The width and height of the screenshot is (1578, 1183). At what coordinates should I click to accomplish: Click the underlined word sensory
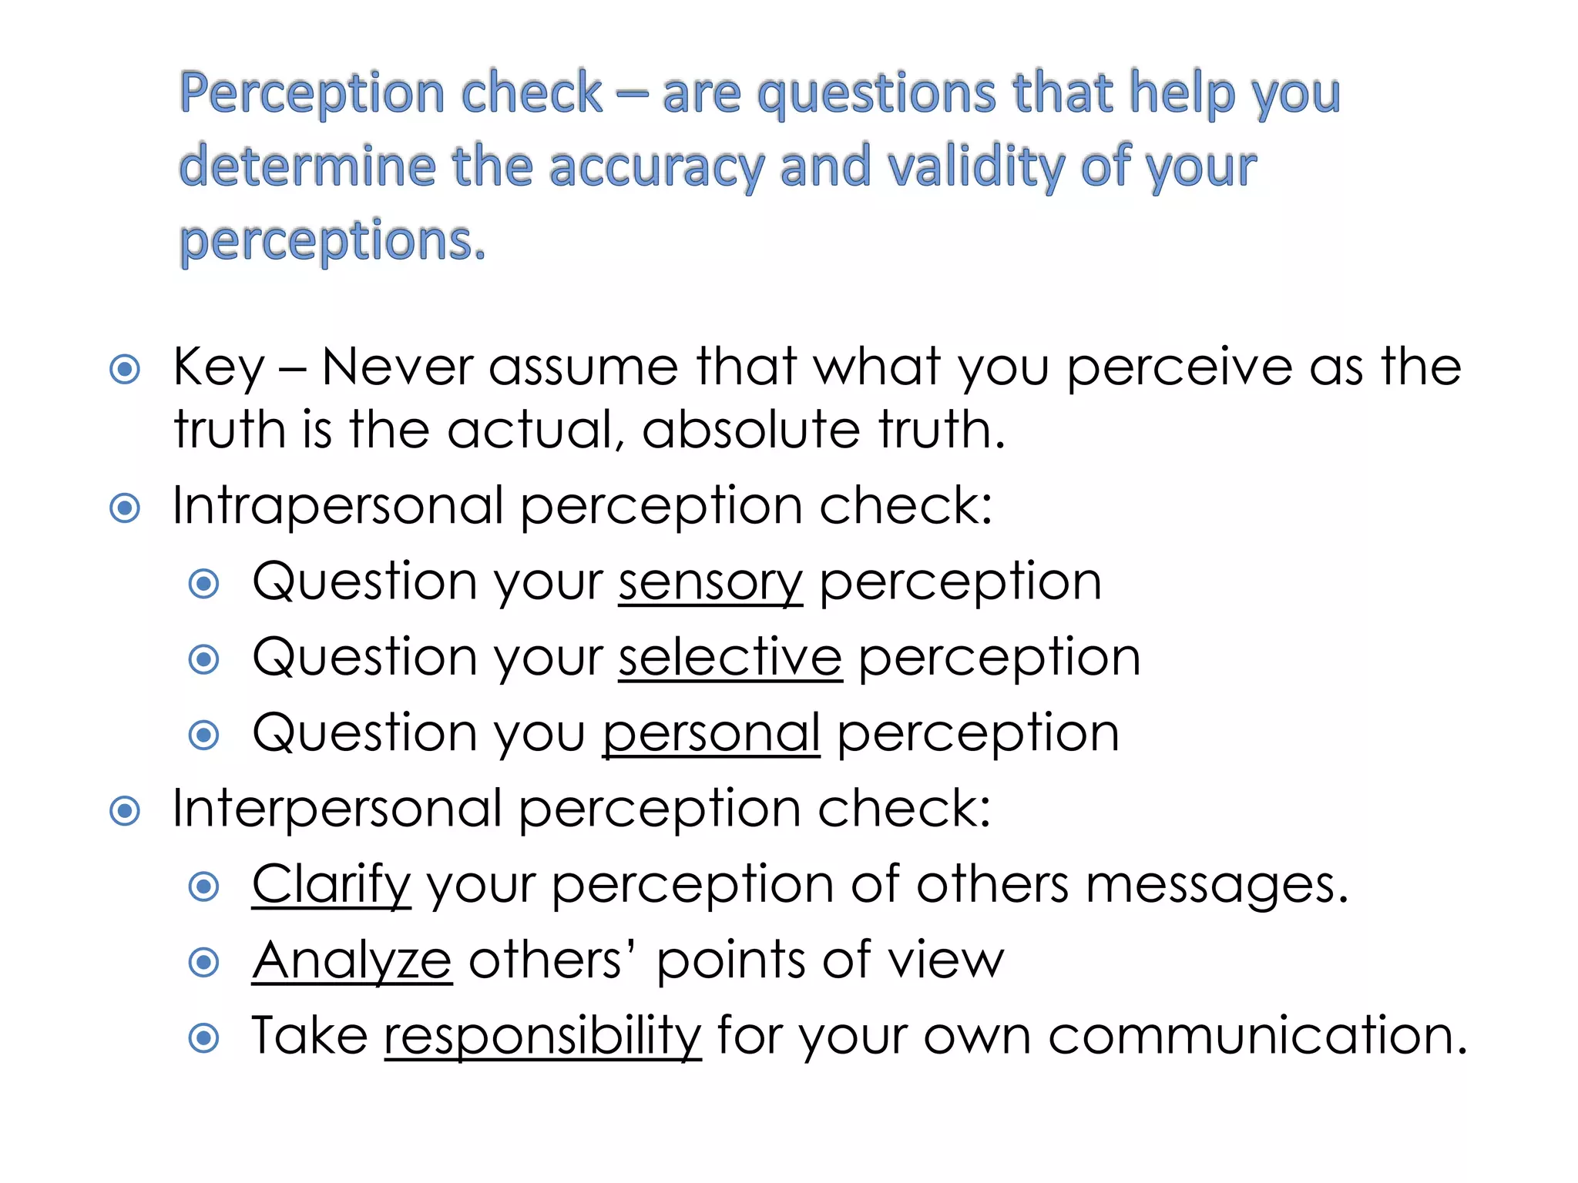point(710,582)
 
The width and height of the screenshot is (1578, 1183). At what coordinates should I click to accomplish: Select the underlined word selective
point(730,658)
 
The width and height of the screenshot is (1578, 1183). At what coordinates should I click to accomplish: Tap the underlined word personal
point(710,733)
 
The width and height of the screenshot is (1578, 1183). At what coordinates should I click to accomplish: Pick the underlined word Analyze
point(351,960)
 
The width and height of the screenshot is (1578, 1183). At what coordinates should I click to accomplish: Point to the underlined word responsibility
point(542,1036)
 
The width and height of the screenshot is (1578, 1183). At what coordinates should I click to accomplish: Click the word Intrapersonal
point(337,507)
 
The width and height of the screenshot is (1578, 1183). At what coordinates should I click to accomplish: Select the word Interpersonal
point(337,809)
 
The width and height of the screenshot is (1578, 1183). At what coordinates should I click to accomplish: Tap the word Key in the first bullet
point(219,367)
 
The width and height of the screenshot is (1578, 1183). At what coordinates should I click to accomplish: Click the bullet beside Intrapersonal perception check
point(125,508)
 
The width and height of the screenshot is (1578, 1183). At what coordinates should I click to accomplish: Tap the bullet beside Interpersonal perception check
point(125,811)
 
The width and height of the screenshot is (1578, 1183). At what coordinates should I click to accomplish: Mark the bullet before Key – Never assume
point(125,369)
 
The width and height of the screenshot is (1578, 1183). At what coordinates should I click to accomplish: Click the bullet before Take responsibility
point(204,1037)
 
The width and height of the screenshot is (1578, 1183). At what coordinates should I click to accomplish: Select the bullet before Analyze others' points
point(204,962)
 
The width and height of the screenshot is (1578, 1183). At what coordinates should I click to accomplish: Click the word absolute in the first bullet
point(750,430)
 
